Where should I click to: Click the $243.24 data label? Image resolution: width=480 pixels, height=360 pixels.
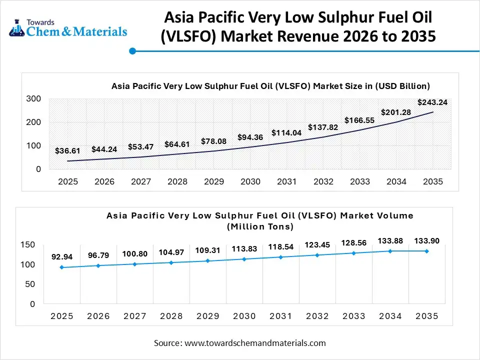432,102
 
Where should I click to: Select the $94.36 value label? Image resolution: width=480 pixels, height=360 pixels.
250,137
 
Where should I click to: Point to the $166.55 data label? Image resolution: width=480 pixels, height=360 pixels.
359,120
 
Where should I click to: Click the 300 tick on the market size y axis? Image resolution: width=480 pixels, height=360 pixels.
33,99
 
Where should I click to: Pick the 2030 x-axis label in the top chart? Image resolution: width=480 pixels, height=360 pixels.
250,182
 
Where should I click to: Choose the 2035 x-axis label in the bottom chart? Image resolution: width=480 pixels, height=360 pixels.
426,316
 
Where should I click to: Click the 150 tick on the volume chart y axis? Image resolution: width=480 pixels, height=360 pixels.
28,244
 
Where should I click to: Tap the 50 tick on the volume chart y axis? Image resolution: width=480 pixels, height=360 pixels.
30,284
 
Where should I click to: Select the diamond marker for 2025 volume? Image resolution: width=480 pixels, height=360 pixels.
62,267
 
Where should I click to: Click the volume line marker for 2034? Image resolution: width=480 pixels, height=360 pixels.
390,251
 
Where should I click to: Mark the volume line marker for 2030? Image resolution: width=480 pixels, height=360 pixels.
244,259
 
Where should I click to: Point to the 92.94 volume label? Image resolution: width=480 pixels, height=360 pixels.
62,257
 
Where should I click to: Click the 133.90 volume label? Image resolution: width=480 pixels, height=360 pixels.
426,241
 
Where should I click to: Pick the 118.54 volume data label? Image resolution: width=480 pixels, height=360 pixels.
280,247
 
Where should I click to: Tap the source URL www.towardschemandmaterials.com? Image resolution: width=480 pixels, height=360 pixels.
255,343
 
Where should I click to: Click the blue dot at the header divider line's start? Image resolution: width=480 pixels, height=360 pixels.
132,51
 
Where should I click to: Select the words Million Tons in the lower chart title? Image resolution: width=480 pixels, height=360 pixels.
260,226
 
